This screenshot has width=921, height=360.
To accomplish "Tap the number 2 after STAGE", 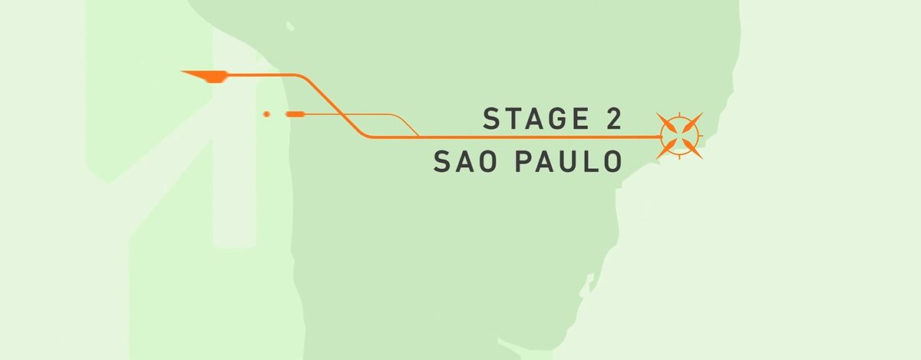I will tap(610, 119).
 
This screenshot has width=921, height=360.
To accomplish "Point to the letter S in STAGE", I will tap(491, 119).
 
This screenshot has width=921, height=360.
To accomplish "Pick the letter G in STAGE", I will tap(552, 119).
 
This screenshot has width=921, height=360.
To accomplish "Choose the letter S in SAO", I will tap(442, 162).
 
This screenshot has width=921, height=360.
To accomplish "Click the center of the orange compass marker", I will tap(679, 136).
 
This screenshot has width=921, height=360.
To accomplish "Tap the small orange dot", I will tap(266, 114).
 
